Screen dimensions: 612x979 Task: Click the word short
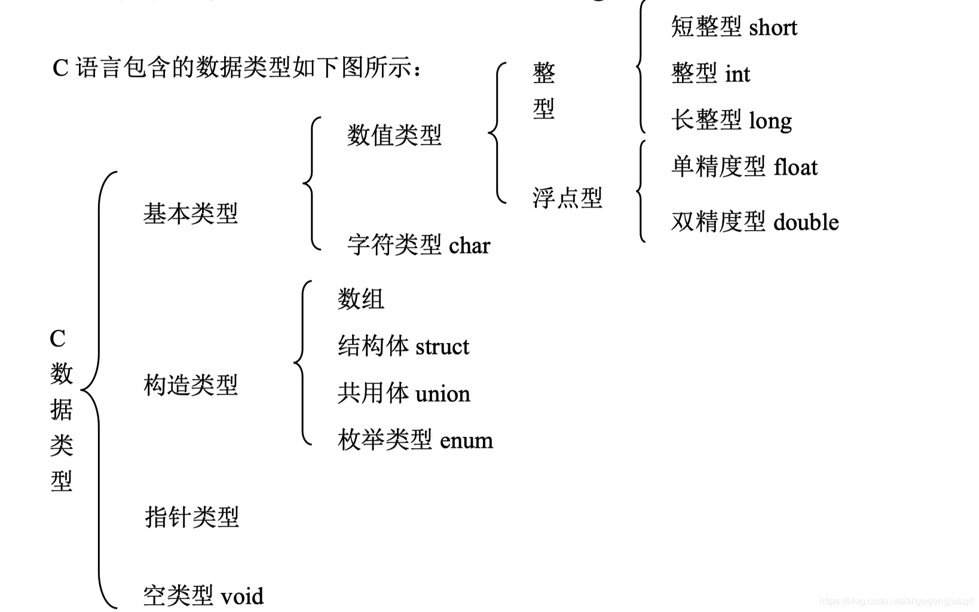773,27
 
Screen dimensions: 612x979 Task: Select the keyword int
738,74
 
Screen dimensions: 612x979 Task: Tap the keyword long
770,121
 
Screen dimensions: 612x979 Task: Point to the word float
796,167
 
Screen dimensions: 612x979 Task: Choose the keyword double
806,222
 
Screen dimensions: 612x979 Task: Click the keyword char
469,246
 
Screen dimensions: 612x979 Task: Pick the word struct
442,347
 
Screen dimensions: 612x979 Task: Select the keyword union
442,394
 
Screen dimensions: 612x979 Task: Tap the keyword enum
466,441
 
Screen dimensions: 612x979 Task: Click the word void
242,596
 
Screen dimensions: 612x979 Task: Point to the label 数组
360,299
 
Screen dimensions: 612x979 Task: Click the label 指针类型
192,517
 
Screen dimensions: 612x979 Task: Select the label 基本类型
191,213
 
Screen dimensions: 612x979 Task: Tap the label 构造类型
191,385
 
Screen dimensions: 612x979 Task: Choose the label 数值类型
394,135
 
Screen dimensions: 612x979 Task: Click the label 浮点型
567,198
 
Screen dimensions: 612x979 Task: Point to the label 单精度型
718,167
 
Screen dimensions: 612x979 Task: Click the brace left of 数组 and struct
302,363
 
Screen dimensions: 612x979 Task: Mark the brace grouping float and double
641,191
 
